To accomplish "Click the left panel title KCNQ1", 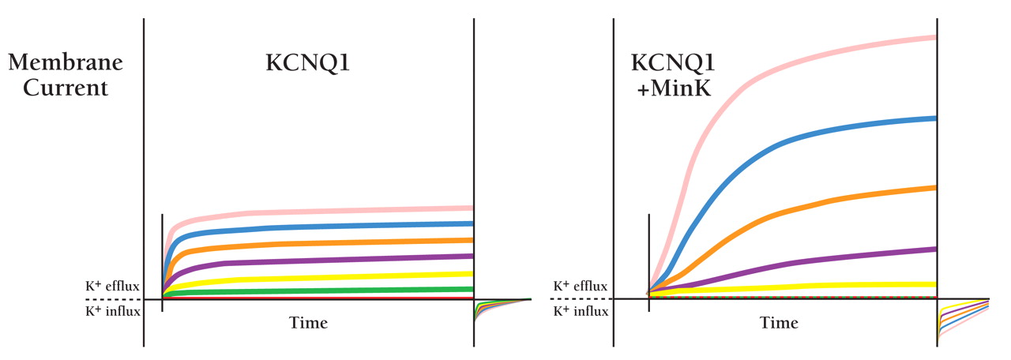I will tap(307, 64).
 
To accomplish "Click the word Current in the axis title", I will tap(65, 87).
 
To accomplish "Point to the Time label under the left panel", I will tap(308, 323).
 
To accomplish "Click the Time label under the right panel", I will tap(779, 323).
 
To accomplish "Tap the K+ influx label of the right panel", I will tap(581, 311).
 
